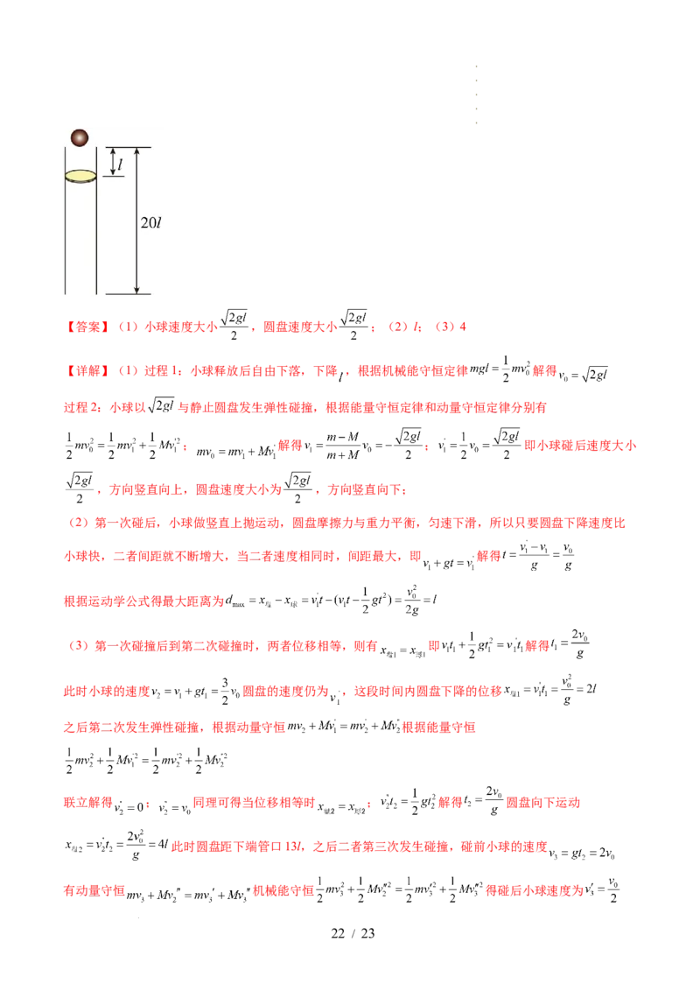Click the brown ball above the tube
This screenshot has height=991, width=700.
point(79,137)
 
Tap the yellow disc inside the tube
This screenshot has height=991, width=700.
point(80,176)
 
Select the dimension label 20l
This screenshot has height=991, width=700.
point(150,222)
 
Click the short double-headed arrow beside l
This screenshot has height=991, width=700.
point(112,162)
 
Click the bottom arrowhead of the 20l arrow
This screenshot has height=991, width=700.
point(136,289)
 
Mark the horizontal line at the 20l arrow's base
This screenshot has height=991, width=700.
point(128,294)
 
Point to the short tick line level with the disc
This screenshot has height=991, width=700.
point(114,177)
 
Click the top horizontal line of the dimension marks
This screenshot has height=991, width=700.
point(128,147)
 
